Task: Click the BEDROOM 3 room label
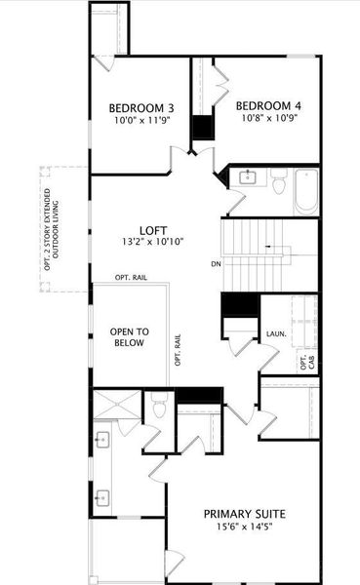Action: click(141, 107)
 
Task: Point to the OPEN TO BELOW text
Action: click(128, 336)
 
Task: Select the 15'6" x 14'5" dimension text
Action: click(245, 527)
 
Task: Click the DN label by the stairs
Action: click(216, 264)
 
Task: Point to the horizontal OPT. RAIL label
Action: click(130, 277)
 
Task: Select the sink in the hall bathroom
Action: click(248, 176)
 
